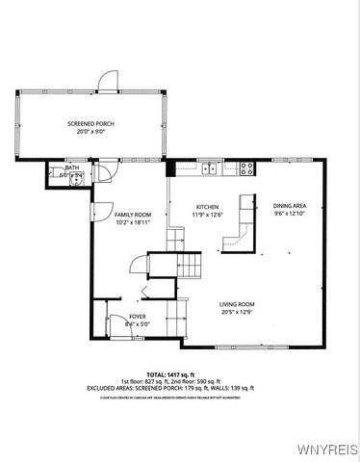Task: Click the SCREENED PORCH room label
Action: tap(92, 124)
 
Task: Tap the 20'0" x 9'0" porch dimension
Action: tap(92, 132)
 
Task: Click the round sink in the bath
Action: tap(81, 175)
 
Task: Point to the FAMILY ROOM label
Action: tap(134, 214)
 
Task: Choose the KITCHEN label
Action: tap(208, 207)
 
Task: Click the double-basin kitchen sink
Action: tap(210, 168)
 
